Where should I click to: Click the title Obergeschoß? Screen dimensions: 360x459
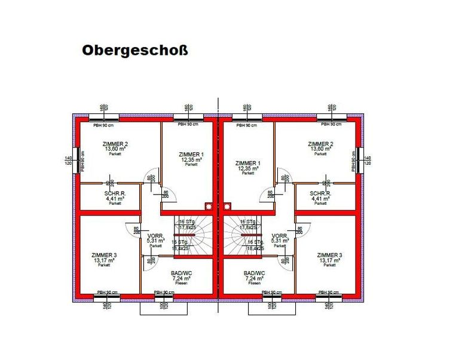134,50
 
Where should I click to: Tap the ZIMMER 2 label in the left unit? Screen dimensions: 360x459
115,144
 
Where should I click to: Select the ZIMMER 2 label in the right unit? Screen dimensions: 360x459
320,144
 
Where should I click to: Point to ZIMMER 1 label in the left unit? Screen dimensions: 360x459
191,155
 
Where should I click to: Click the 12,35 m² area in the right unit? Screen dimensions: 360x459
247,169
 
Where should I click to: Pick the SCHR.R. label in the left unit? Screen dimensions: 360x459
115,193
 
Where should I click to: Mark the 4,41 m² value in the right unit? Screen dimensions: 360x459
320,198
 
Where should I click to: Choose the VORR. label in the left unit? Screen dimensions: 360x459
155,236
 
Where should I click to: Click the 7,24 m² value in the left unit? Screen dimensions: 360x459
182,278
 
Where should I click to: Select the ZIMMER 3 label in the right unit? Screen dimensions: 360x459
330,255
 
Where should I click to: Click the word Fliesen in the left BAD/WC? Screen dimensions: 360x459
182,284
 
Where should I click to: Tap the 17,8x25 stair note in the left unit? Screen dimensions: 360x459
189,227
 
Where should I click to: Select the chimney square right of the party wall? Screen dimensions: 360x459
227,207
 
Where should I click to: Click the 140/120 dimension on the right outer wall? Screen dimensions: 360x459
368,160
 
